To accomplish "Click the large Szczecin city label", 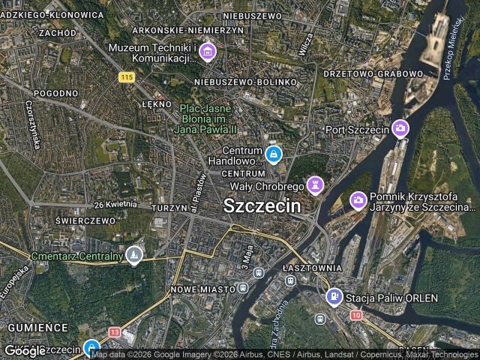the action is coord(262,205).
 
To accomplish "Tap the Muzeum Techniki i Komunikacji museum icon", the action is coord(208,52).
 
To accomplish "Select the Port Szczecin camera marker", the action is coord(400,129).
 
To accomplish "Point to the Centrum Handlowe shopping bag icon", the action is coord(273,155).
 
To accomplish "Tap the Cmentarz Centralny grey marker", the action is coord(134,256).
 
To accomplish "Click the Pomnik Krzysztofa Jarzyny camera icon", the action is coord(358,200).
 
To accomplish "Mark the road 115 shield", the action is coord(126,76).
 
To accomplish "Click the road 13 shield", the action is coord(114,331).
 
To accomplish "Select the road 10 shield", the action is coord(355,315).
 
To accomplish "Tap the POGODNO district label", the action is coord(55,93).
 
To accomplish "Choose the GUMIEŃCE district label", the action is coord(37,328).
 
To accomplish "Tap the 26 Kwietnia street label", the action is coord(115,204).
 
